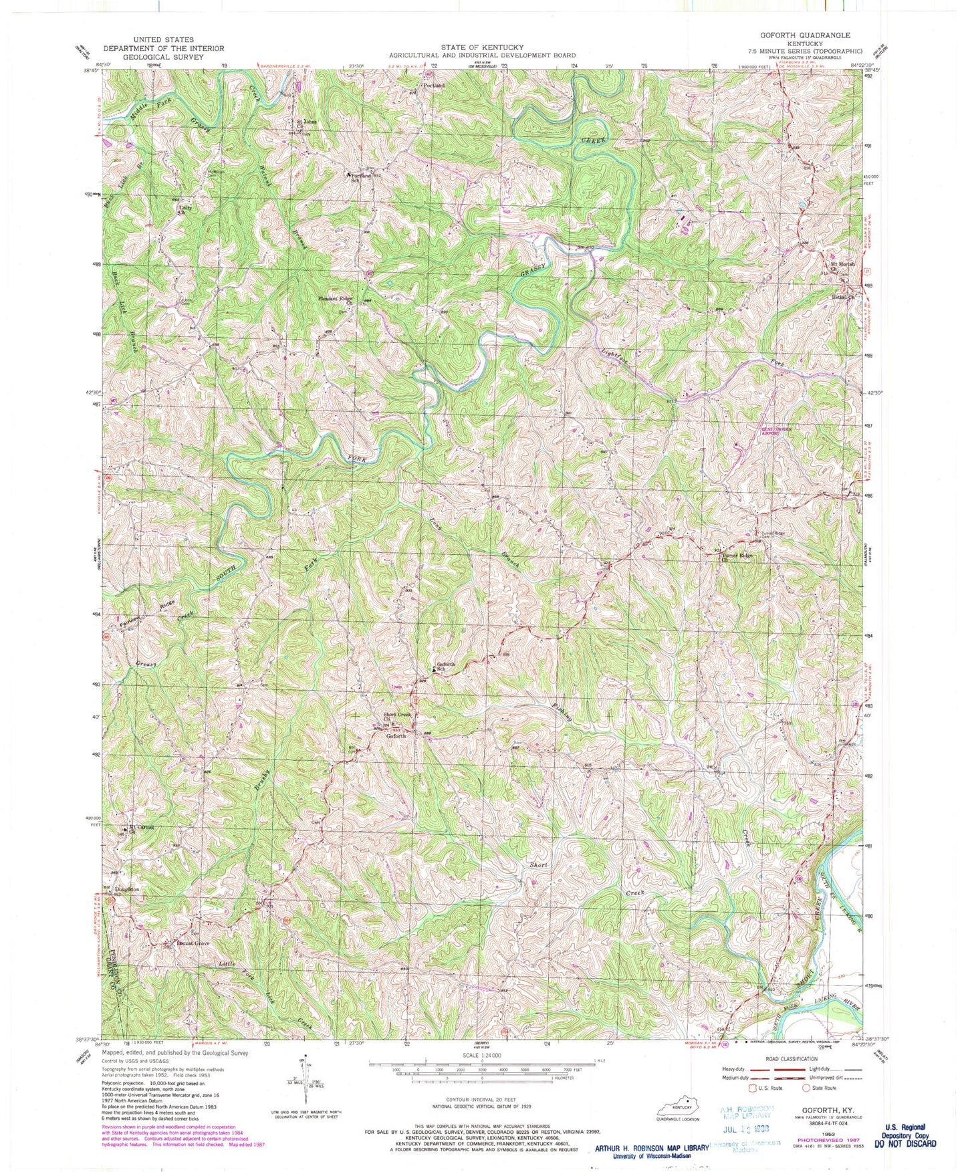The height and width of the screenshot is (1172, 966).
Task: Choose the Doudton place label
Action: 126,889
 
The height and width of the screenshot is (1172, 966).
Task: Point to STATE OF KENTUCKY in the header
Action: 481,47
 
